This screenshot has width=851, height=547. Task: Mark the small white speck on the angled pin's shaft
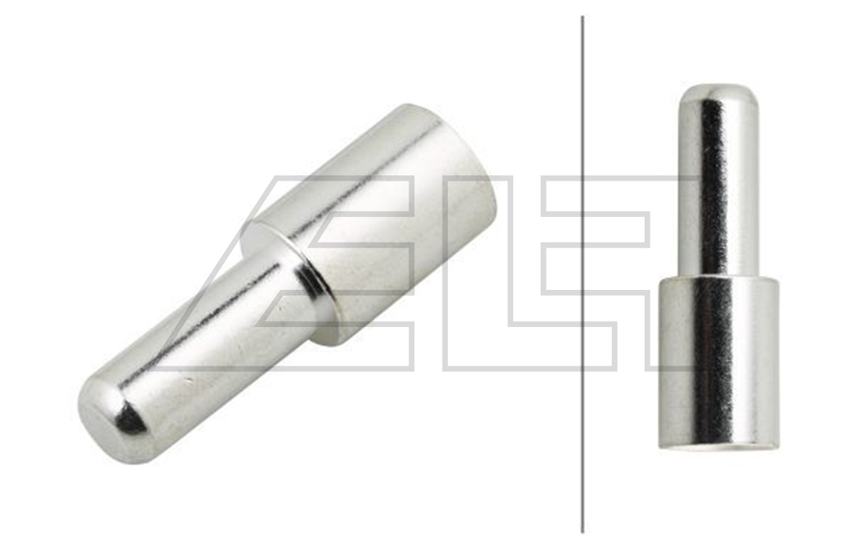click(189, 381)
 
